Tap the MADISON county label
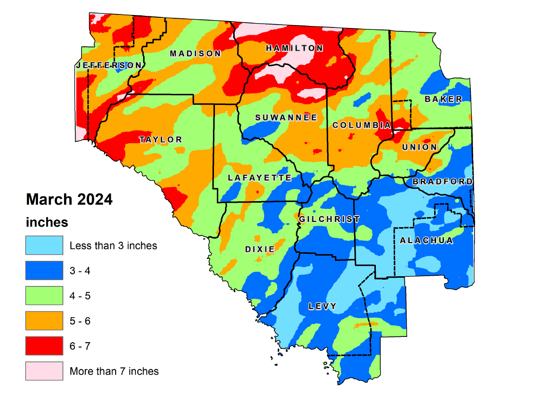tap(195, 53)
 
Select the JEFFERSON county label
tap(109, 65)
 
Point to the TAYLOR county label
tap(161, 140)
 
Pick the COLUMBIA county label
tap(361, 125)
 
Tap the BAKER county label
tap(443, 99)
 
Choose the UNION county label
tap(420, 147)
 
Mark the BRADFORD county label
tap(442, 181)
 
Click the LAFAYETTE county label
tap(260, 178)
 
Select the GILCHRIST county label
tap(329, 219)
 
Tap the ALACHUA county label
tap(426, 241)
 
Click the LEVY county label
tap(323, 306)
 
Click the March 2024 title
tap(69, 199)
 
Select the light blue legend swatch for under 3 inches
tap(44, 245)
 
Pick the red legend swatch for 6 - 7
tap(44, 346)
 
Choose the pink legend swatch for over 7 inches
tap(44, 371)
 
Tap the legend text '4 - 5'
tap(80, 296)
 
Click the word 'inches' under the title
tap(47, 222)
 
